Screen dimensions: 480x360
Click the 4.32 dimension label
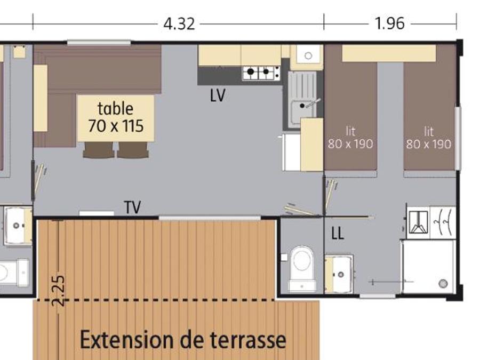pos(179,24)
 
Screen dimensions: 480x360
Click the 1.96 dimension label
pos(390,24)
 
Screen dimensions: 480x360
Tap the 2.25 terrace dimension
pos(58,291)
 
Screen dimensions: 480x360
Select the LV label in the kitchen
pos(218,95)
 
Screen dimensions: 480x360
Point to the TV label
pos(133,207)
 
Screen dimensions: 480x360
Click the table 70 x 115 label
pos(116,117)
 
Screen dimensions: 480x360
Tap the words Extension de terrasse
pos(183,340)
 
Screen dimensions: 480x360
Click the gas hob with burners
pos(261,73)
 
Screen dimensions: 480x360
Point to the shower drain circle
pos(443,284)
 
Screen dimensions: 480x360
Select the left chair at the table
pos(99,150)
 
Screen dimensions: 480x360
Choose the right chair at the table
pos(133,150)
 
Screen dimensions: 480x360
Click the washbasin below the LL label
pos(339,273)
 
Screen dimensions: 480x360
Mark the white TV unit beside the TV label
pos(97,213)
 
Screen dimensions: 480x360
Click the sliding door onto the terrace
pos(210,218)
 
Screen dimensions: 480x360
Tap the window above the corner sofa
pos(99,42)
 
